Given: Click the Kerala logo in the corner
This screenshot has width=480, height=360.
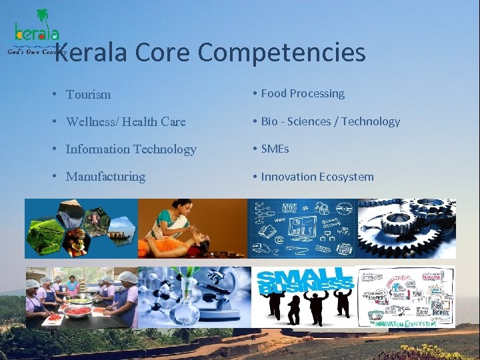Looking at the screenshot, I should [x=37, y=30].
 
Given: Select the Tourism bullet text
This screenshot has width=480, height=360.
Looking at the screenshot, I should [x=88, y=95].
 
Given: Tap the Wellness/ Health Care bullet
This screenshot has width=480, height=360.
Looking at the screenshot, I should [x=125, y=122].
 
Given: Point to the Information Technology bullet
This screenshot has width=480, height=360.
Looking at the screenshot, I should [x=131, y=149].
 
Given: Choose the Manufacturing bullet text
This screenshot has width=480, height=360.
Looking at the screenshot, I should [x=105, y=177].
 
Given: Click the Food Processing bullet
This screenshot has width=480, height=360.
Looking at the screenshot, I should [x=303, y=93].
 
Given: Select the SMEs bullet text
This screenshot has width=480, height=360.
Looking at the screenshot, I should [x=275, y=149].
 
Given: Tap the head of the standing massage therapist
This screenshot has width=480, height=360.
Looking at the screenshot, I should [x=165, y=215].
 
